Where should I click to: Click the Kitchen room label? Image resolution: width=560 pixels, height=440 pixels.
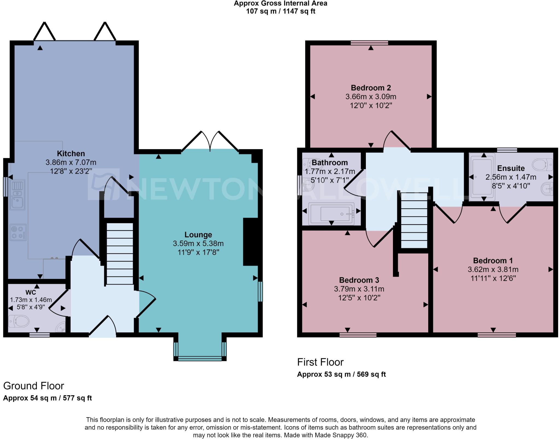point(71,153)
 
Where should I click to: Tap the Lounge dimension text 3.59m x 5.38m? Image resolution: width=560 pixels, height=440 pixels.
point(198,243)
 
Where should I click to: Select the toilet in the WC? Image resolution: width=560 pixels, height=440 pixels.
point(19,321)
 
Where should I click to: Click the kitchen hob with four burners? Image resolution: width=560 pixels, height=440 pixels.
point(18,232)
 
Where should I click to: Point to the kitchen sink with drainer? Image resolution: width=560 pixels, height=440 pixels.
point(17,194)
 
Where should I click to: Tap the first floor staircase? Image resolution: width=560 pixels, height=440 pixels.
point(414,220)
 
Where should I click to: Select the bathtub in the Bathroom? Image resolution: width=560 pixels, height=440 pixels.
point(331,214)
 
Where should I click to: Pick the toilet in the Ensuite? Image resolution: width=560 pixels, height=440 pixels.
point(542,165)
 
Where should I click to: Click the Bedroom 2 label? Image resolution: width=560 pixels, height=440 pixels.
point(371,88)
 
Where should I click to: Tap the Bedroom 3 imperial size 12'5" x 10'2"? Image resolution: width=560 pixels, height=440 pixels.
point(359,297)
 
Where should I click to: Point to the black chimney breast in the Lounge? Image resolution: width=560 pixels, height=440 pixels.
point(251,242)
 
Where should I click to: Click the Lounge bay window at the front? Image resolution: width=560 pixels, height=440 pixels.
point(200,358)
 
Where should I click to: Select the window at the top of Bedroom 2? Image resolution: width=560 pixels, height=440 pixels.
point(369,43)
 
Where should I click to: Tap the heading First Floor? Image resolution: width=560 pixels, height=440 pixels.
point(320,362)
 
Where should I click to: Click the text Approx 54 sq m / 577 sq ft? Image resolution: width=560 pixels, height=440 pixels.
point(47,398)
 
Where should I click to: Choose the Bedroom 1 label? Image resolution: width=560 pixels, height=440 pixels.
point(493,261)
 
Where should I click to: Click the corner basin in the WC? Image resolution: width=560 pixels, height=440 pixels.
point(61,327)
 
